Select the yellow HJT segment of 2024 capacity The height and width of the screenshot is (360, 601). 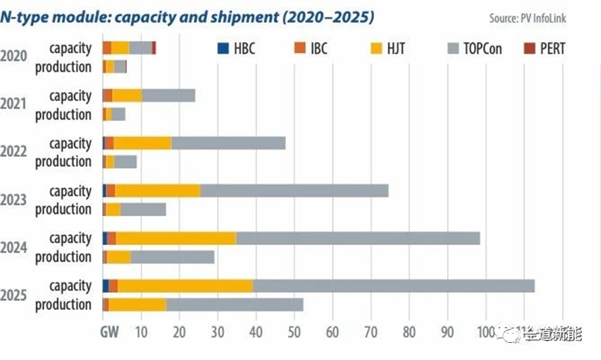(175, 238)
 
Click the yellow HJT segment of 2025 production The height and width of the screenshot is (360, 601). (137, 305)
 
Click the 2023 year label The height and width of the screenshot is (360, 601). (13, 199)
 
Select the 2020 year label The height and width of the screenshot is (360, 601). (13, 56)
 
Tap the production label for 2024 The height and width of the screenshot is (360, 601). (63, 257)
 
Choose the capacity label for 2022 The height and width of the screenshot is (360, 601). (70, 143)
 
